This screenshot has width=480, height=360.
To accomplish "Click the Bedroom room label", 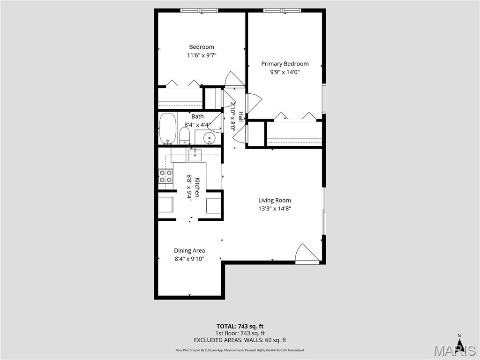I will click(202, 47).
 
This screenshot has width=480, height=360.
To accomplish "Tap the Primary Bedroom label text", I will click(285, 64).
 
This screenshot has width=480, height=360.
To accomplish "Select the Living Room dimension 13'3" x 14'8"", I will click(275, 209).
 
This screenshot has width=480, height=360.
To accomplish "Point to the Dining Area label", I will click(189, 250).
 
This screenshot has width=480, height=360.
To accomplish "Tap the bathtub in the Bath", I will click(167, 128).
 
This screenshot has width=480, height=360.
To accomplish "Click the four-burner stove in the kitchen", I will click(165, 176).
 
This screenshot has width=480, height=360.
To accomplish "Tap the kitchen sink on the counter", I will click(195, 154).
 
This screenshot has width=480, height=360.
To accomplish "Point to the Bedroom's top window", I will click(199, 10).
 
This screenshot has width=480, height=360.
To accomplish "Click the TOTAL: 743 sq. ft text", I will click(240, 326).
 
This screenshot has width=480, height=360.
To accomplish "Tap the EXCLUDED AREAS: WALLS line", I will click(240, 340).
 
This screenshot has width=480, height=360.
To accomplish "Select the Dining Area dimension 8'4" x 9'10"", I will click(189, 259).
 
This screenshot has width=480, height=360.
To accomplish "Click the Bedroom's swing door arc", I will click(234, 79).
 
